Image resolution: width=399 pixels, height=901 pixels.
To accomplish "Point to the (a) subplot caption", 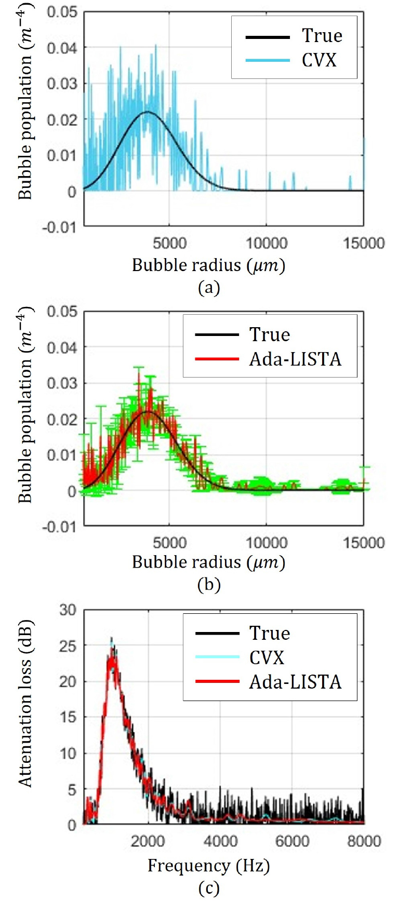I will [x=209, y=288].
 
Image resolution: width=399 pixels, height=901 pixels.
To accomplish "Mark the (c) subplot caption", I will [x=209, y=889].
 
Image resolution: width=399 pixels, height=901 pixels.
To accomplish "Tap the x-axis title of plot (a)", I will [x=209, y=265].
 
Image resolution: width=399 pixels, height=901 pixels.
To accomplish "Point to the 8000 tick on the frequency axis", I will [x=364, y=841].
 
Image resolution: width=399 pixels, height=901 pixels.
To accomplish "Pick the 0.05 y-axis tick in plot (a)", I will [x=62, y=12].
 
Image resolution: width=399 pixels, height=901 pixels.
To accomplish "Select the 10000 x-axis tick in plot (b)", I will [x=266, y=543].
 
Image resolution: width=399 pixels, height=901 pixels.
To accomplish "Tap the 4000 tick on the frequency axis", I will [x=220, y=841].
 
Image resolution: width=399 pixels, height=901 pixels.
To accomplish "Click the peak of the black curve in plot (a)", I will [x=148, y=112].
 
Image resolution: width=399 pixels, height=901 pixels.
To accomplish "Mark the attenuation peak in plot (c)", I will [x=111, y=639].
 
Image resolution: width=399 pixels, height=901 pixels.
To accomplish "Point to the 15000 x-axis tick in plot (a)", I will [x=364, y=243].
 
